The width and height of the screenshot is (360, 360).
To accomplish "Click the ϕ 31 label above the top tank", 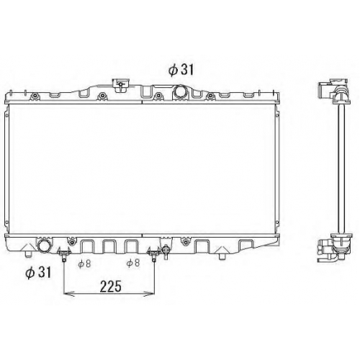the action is [x=181, y=70].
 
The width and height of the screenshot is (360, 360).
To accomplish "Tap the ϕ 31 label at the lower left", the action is [x=38, y=273].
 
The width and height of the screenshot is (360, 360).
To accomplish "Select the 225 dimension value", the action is [x=111, y=286].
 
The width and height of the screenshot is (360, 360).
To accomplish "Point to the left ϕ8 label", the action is [x=84, y=264].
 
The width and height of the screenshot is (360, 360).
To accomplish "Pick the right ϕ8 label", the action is [x=133, y=263].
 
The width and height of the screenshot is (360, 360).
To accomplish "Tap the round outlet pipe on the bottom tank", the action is [x=44, y=246].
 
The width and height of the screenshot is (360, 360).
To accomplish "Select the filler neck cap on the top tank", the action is [x=120, y=84].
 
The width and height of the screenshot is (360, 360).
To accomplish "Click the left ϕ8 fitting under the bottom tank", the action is [x=63, y=255].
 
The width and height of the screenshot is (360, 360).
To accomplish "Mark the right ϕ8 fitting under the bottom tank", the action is [x=154, y=255].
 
